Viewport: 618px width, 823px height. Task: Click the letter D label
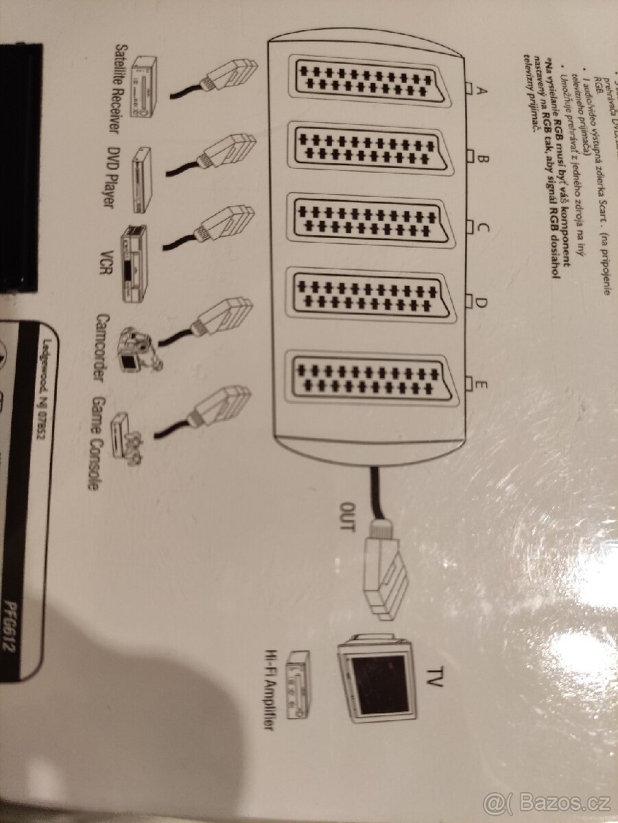point(481,302)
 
